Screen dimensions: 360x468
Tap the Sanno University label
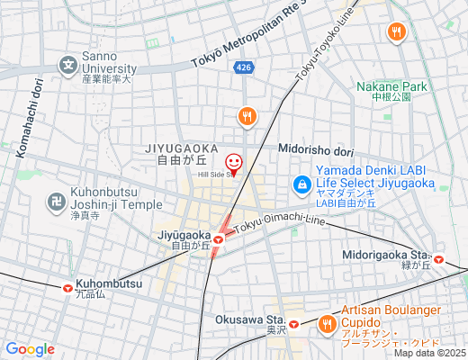pyautogui.click(x=109, y=66)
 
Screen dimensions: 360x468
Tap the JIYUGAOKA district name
pyautogui.click(x=180, y=147)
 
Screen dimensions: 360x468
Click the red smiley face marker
pyautogui.click(x=234, y=163)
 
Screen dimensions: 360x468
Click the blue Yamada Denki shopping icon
pyautogui.click(x=301, y=185)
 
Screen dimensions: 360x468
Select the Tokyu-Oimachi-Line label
pyautogui.click(x=279, y=223)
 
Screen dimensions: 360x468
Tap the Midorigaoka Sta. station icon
pyautogui.click(x=438, y=258)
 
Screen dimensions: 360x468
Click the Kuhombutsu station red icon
pyautogui.click(x=67, y=288)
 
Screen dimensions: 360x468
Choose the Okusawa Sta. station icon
pyautogui.click(x=293, y=320)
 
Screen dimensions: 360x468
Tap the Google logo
pyautogui.click(x=31, y=349)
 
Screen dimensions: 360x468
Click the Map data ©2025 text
pyautogui.click(x=428, y=353)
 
